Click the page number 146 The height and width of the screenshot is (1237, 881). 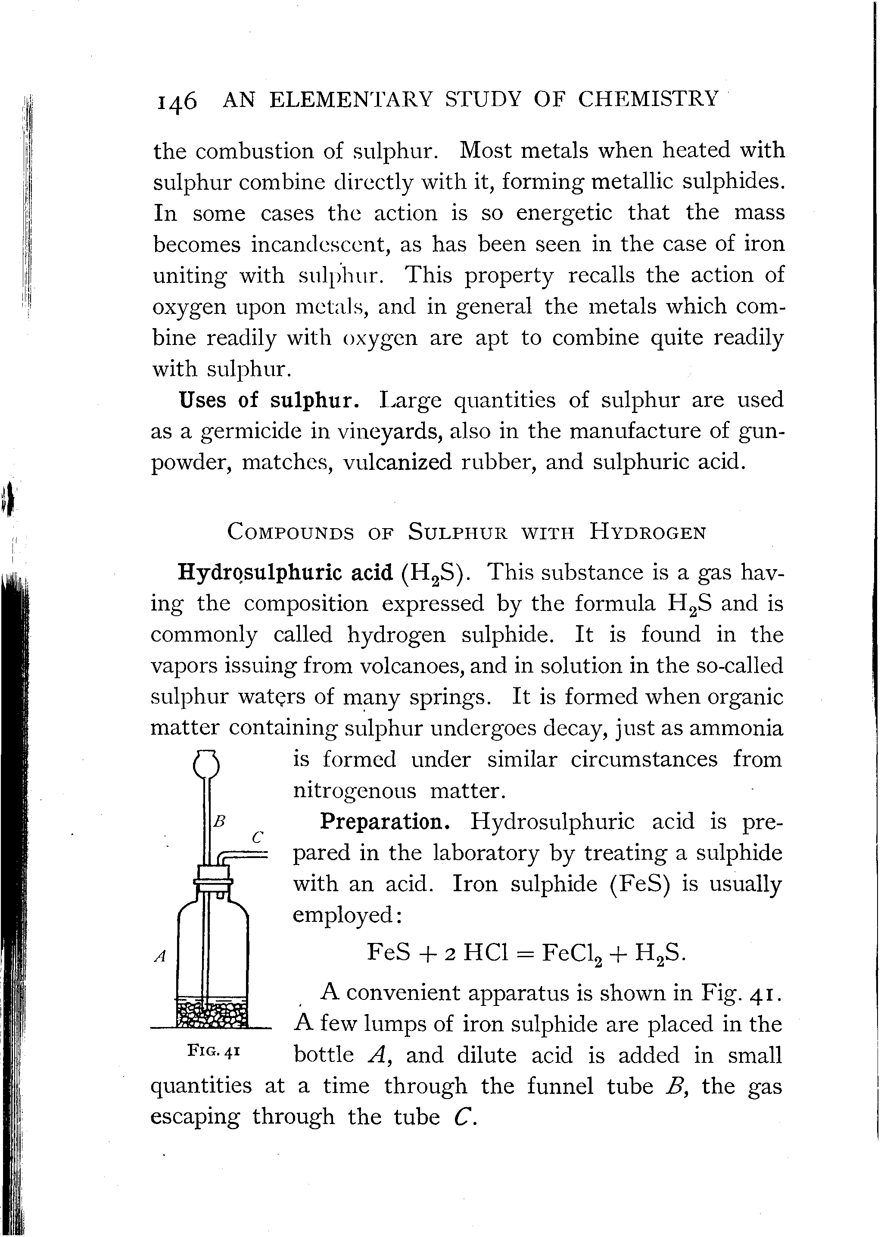point(176,101)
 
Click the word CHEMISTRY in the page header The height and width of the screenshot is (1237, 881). point(649,99)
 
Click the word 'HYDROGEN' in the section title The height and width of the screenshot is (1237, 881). point(648,532)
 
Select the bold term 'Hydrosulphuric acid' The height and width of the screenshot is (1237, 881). point(285,573)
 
